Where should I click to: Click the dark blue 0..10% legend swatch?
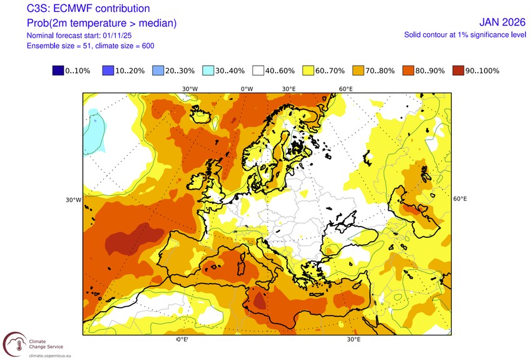(59, 71)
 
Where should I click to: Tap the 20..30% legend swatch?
(159, 71)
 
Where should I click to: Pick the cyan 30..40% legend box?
(209, 71)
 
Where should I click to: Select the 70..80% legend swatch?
(359, 71)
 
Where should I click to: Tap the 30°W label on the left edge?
(73, 200)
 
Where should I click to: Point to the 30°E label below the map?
(354, 339)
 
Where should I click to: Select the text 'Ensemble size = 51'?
(62, 46)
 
